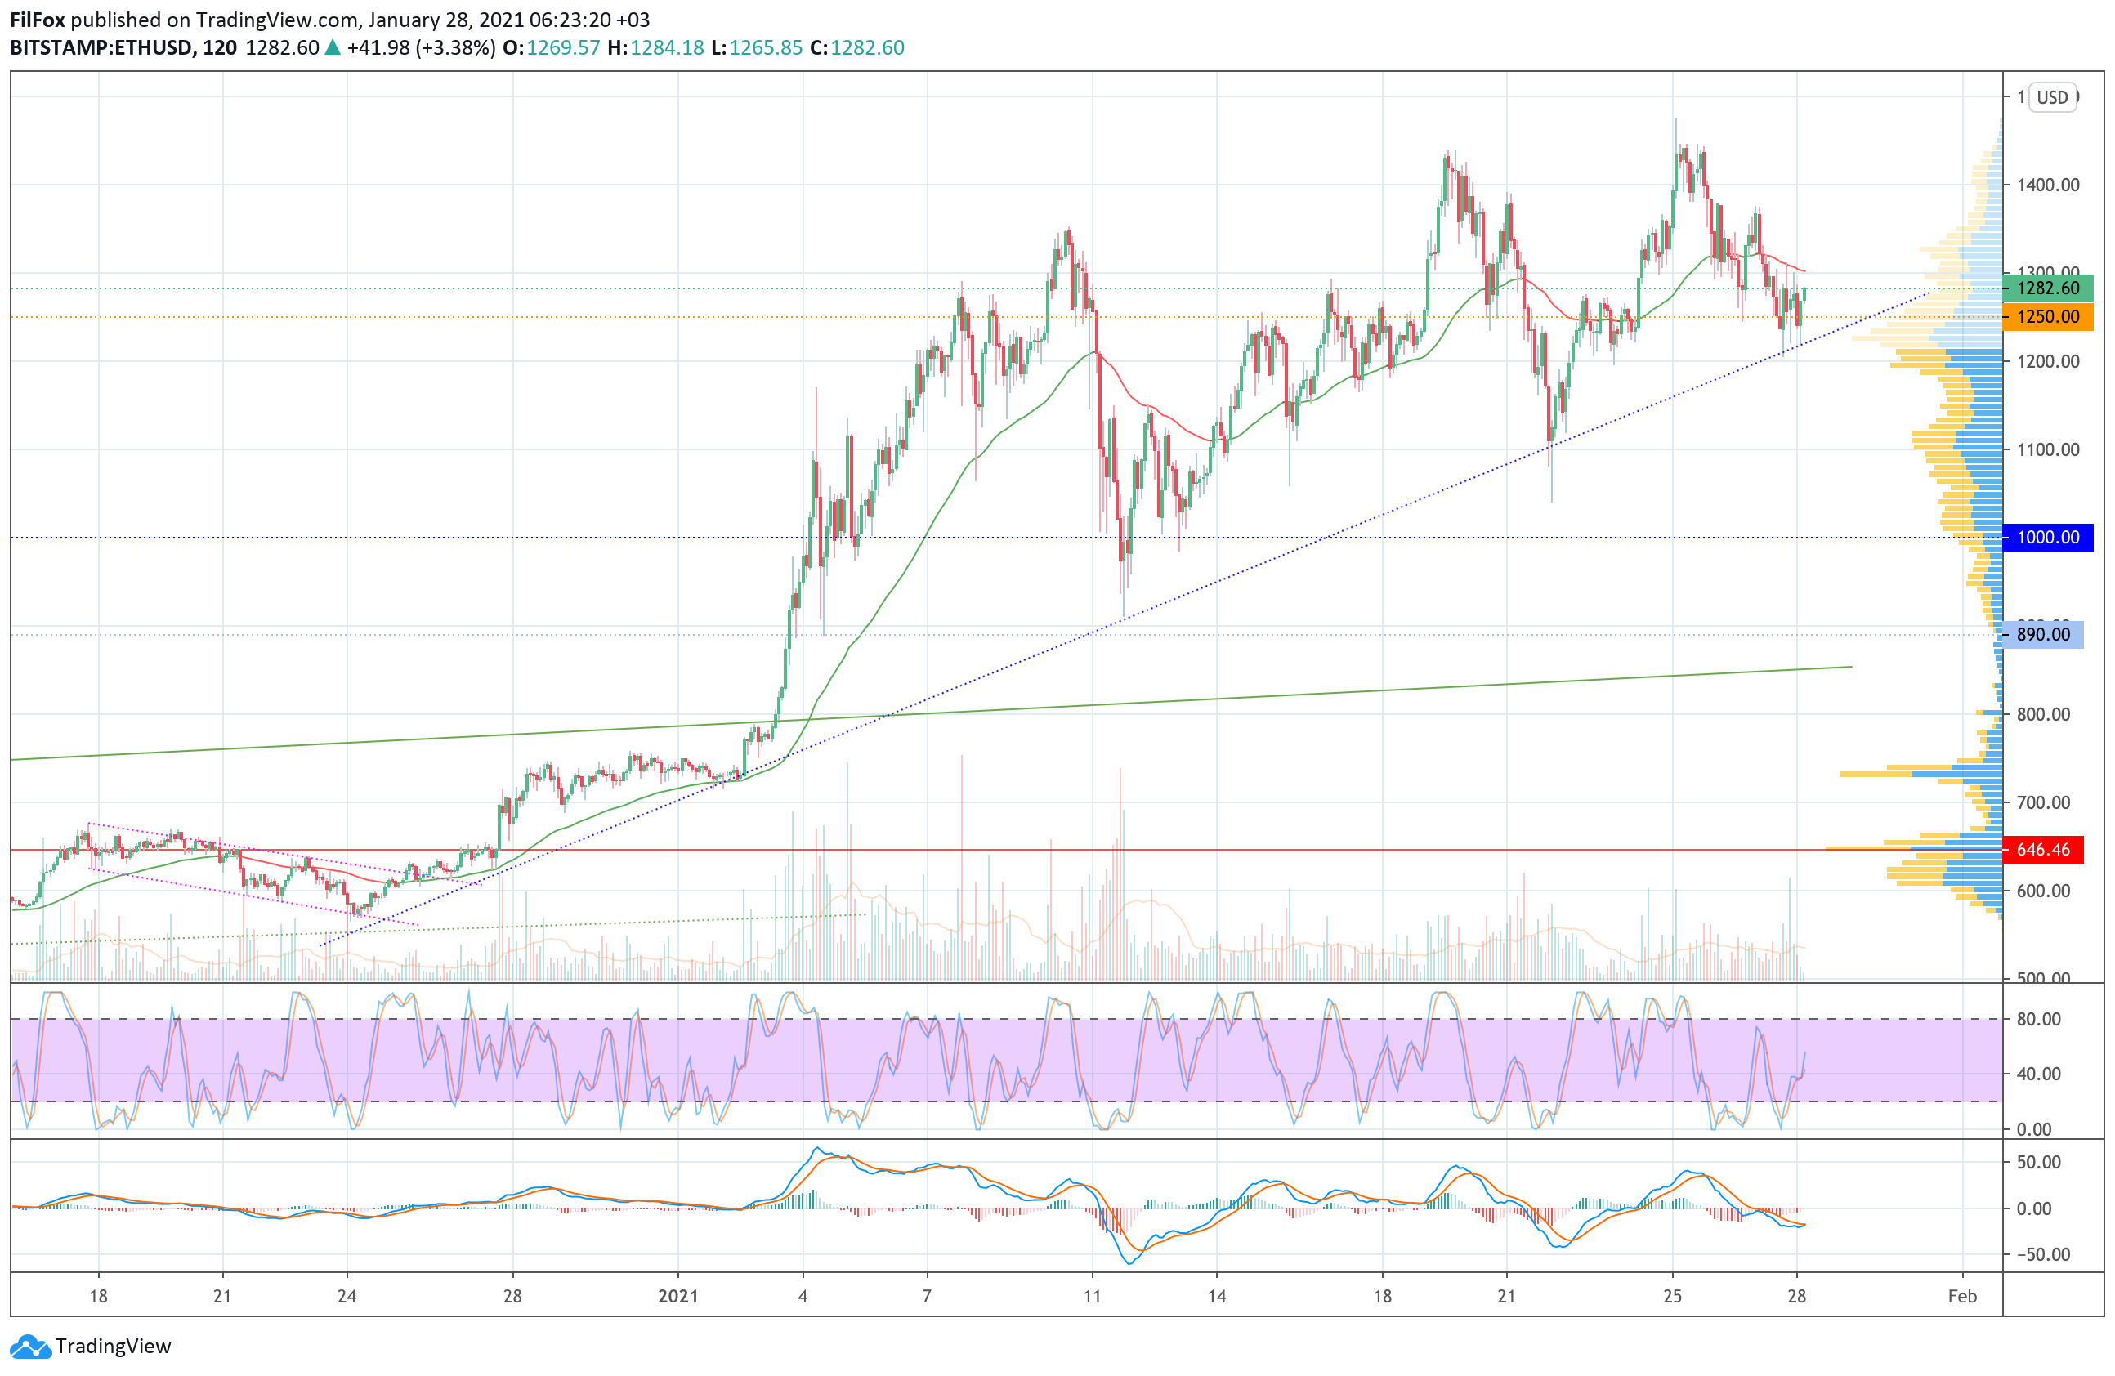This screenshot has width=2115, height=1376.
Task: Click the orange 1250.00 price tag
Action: click(2047, 317)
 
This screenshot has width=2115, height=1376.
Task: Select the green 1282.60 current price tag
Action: click(2047, 288)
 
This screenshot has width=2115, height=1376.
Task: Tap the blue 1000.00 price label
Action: click(2047, 538)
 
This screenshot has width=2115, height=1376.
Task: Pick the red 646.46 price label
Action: click(2043, 850)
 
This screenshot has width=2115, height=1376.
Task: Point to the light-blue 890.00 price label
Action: click(2042, 635)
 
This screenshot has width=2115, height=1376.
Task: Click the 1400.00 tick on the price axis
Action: click(2047, 185)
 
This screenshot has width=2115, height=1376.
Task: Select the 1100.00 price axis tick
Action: click(2047, 449)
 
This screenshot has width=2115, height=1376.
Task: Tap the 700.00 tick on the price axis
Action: click(2043, 803)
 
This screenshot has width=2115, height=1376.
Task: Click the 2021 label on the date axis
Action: click(678, 1297)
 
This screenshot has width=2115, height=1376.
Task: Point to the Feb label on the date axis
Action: click(1962, 1297)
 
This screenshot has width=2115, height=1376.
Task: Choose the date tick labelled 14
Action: click(1217, 1297)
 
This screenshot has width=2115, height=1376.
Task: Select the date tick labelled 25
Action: click(1672, 1297)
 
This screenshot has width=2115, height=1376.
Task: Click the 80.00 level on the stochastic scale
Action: click(2038, 1020)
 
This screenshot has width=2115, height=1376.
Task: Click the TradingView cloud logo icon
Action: click(31, 1347)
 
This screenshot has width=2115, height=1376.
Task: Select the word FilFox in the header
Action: click(38, 20)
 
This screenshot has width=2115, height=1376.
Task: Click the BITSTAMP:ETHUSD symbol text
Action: click(101, 48)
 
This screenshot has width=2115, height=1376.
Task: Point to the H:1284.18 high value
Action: click(655, 48)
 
